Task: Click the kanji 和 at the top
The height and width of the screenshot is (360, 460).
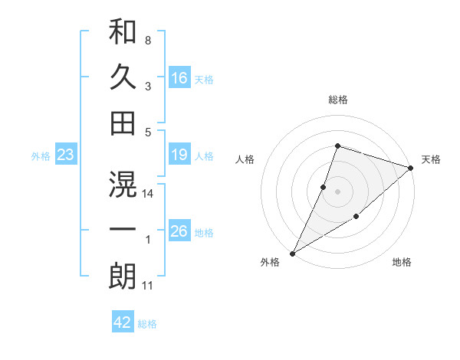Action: pyautogui.click(x=123, y=31)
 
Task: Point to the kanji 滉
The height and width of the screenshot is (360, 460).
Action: pyautogui.click(x=123, y=184)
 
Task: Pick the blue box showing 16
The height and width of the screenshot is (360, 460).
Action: pyautogui.click(x=179, y=78)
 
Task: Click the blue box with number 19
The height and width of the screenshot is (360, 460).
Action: pyautogui.click(x=179, y=155)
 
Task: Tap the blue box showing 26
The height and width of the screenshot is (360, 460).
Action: pyautogui.click(x=179, y=232)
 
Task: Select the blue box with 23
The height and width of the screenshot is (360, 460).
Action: pyautogui.click(x=65, y=155)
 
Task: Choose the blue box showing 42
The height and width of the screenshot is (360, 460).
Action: pyautogui.click(x=123, y=322)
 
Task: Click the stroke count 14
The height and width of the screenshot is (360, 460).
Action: pyautogui.click(x=148, y=194)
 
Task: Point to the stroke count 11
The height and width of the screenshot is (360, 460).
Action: pyautogui.click(x=148, y=286)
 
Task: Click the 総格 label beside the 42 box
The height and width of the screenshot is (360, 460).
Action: pyautogui.click(x=147, y=324)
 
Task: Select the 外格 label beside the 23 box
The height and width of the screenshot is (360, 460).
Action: pyautogui.click(x=41, y=156)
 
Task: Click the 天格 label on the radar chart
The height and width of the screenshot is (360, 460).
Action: pyautogui.click(x=432, y=159)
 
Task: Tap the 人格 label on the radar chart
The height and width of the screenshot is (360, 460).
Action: pyautogui.click(x=245, y=159)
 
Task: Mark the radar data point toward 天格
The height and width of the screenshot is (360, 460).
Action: pyautogui.click(x=411, y=168)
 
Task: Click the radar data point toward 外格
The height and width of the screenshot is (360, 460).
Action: pyautogui.click(x=292, y=253)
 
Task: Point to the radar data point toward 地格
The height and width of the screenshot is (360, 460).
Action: pyautogui.click(x=356, y=218)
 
